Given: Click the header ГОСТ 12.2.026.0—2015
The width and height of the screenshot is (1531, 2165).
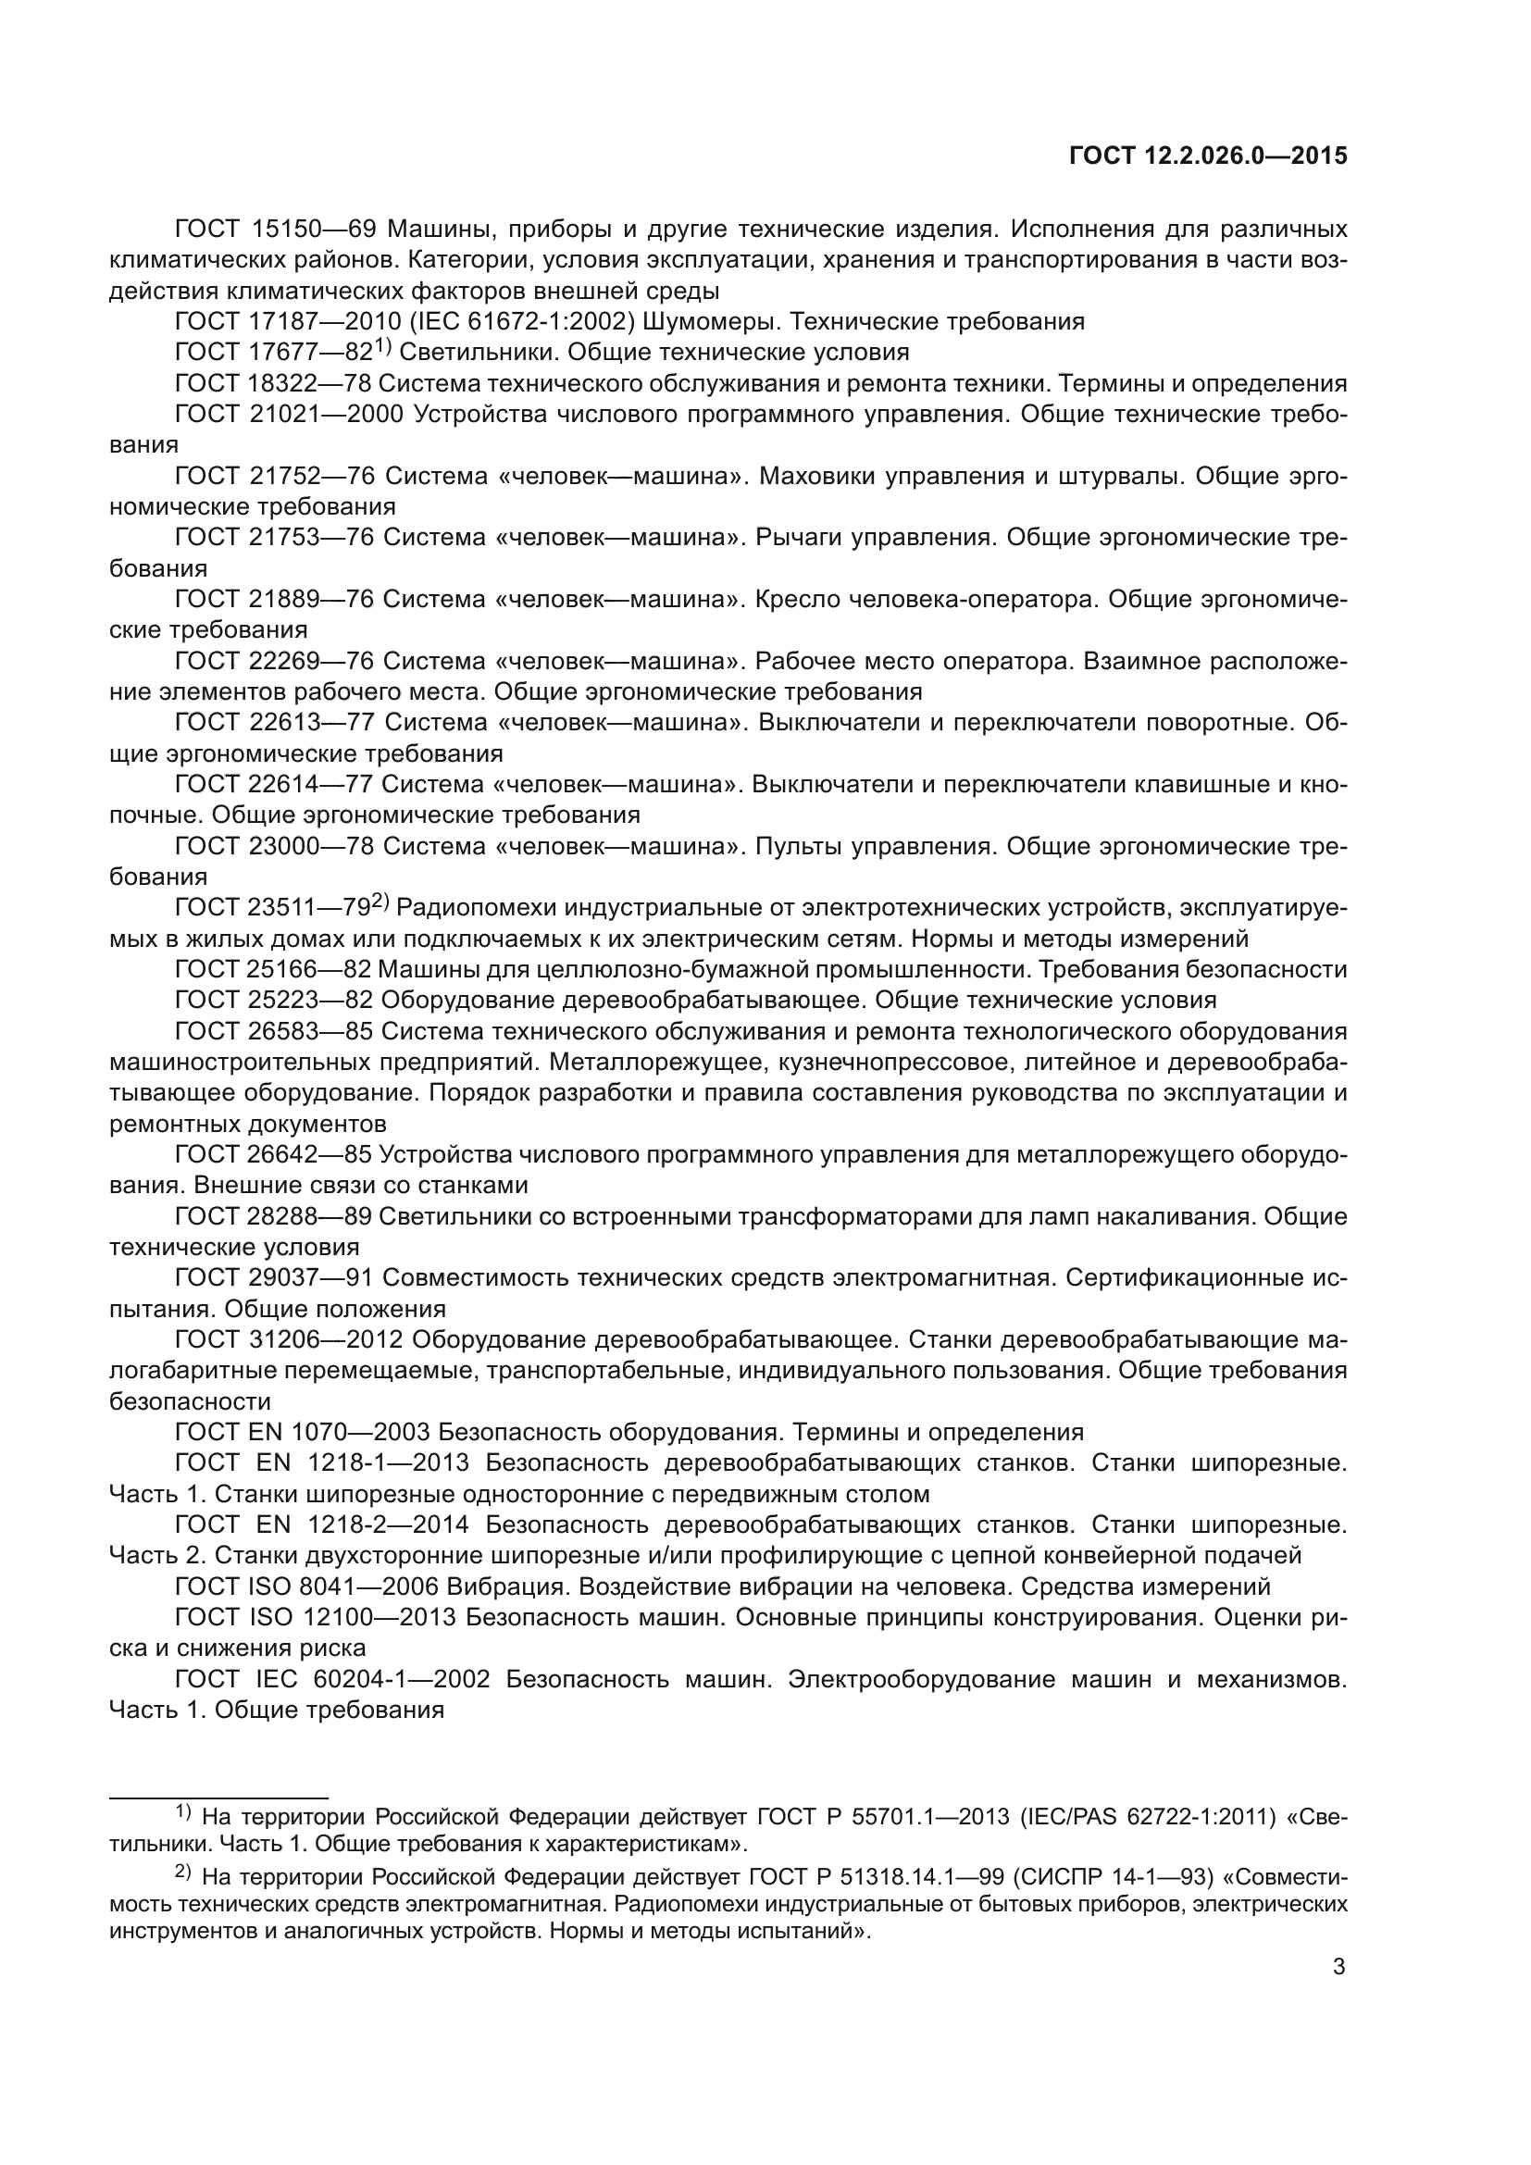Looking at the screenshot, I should [x=1208, y=156].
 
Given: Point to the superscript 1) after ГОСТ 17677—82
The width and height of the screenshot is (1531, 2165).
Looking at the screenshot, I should [x=381, y=347].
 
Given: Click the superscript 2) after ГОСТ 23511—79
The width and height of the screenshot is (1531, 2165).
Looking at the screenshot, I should [x=379, y=902].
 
